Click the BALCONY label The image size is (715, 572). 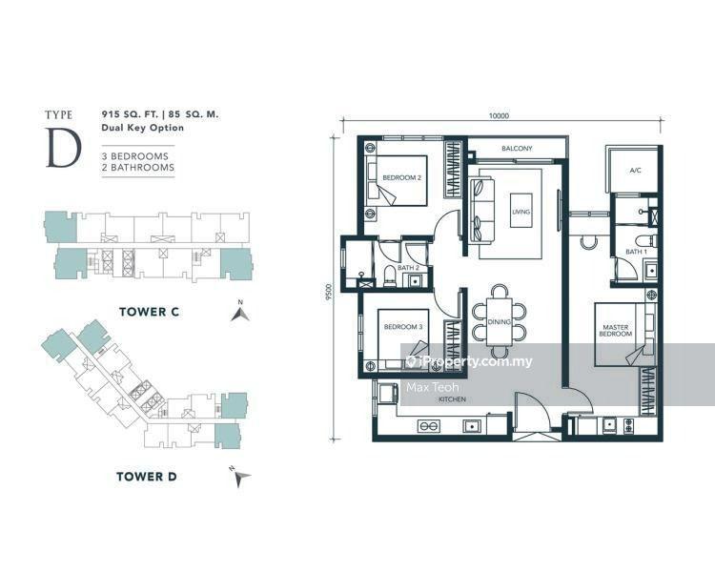[517, 149]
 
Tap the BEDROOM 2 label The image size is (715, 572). [401, 177]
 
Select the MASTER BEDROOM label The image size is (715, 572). [615, 330]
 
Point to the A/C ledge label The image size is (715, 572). [635, 170]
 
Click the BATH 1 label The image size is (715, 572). [636, 252]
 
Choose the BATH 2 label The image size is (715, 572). [408, 267]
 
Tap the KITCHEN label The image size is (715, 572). [452, 399]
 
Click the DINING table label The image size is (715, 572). [499, 321]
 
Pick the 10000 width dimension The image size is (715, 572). [499, 116]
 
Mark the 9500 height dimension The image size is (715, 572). [329, 292]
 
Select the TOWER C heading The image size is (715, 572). [149, 312]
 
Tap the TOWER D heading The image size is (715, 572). [147, 477]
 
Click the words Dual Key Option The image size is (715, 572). [143, 128]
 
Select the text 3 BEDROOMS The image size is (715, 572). [135, 156]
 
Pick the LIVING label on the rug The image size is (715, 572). [521, 212]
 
